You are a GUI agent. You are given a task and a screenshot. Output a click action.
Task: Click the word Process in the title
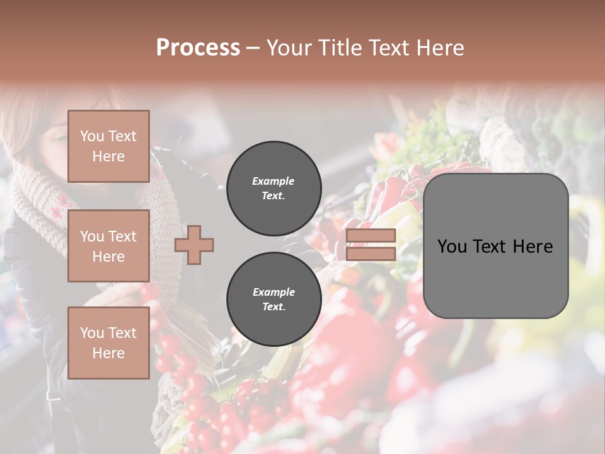click(198, 48)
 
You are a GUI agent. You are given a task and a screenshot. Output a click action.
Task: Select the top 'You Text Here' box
click(108, 146)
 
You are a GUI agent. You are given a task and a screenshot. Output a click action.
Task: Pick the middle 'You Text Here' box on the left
click(108, 246)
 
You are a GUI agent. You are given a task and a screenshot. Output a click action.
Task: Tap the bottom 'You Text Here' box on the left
click(108, 342)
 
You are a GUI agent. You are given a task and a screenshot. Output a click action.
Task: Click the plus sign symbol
click(194, 245)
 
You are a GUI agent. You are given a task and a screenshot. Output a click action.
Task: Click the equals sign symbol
click(371, 245)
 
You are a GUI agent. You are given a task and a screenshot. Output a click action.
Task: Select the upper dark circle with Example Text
click(274, 189)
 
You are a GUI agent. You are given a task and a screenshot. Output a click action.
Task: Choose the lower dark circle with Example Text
click(274, 300)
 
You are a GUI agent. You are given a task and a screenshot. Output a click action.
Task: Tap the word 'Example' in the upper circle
click(274, 181)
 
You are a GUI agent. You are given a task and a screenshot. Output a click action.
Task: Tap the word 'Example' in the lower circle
click(274, 292)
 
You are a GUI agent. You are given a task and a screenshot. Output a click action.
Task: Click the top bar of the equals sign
click(371, 236)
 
